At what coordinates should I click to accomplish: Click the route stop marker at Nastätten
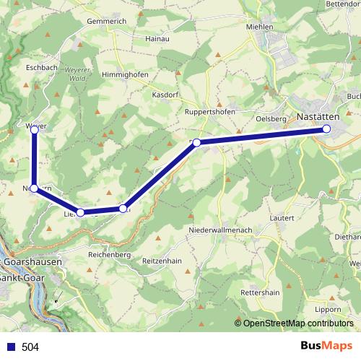326,129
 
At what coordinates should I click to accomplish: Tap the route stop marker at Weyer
34,129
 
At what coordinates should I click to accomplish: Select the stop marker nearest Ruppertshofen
196,143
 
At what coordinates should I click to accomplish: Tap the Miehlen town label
259,27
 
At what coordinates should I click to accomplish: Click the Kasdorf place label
165,95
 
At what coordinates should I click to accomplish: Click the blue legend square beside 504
11,347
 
